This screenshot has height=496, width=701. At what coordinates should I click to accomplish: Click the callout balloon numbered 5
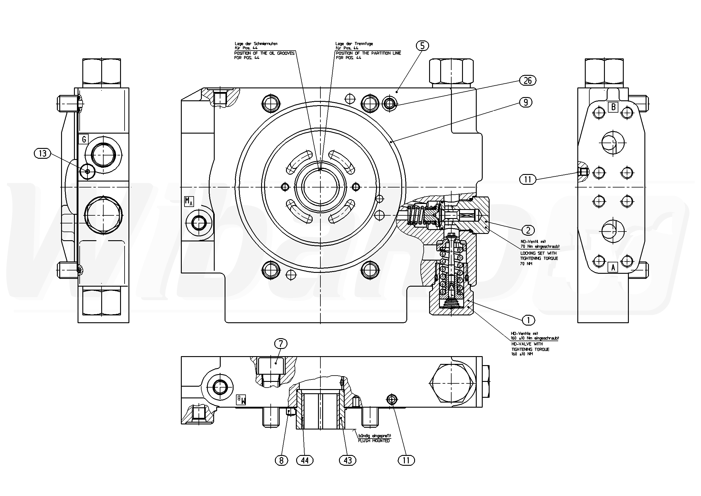pyautogui.click(x=422, y=46)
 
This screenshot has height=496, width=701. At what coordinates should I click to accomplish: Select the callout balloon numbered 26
pyautogui.click(x=528, y=81)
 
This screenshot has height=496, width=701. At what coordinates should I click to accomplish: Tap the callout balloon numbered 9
pyautogui.click(x=526, y=102)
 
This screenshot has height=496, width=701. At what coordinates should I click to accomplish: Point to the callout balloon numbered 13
pyautogui.click(x=43, y=153)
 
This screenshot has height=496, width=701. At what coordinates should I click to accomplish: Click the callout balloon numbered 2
pyautogui.click(x=528, y=230)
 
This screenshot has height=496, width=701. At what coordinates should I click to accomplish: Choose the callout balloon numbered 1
pyautogui.click(x=529, y=320)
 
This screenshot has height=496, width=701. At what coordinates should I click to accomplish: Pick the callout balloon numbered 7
pyautogui.click(x=281, y=344)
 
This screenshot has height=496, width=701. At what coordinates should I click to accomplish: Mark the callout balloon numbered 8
pyautogui.click(x=281, y=460)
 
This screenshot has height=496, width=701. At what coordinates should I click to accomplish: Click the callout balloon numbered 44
pyautogui.click(x=305, y=460)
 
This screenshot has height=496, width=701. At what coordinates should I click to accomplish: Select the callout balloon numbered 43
pyautogui.click(x=348, y=460)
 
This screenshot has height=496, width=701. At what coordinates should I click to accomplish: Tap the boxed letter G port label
pyautogui.click(x=84, y=140)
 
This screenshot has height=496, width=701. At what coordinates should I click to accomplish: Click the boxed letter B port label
pyautogui.click(x=613, y=107)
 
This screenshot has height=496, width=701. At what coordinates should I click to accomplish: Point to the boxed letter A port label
pyautogui.click(x=613, y=267)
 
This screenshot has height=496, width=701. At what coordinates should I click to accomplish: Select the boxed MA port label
pyautogui.click(x=189, y=201)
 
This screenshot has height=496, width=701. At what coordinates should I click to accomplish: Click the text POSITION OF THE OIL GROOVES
pyautogui.click(x=264, y=53)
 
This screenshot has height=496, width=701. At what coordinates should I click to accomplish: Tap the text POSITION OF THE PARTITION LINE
pyautogui.click(x=368, y=53)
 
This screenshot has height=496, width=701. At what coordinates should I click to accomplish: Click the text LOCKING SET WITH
pyautogui.click(x=538, y=253)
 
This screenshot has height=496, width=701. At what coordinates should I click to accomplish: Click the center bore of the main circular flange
pyautogui.click(x=320, y=187)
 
